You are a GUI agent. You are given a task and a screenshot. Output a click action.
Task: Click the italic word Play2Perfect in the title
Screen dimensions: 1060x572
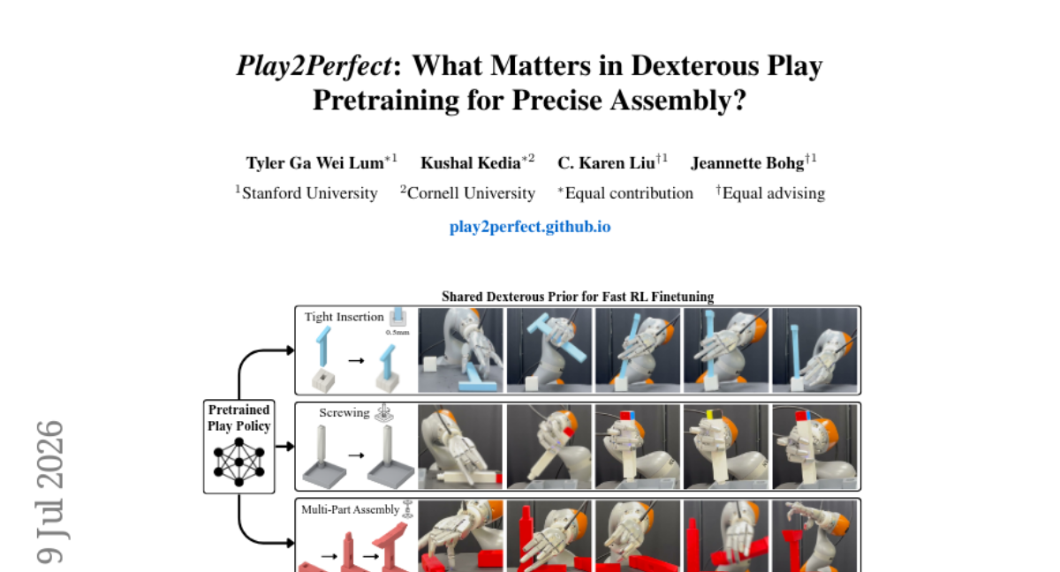(314, 66)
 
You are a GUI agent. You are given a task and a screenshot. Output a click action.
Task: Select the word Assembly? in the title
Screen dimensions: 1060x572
(678, 101)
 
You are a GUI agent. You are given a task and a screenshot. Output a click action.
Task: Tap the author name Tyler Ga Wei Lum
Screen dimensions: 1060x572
(315, 163)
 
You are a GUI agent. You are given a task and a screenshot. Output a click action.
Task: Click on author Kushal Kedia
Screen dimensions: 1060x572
(471, 163)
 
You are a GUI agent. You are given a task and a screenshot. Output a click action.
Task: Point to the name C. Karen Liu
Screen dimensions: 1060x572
(606, 163)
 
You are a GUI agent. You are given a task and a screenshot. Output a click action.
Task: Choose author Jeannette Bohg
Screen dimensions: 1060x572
(747, 163)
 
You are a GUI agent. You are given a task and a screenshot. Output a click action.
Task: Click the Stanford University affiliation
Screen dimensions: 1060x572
(309, 193)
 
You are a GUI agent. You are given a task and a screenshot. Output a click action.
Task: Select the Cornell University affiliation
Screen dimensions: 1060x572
(471, 193)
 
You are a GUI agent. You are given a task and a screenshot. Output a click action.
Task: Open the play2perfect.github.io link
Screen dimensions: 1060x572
(530, 227)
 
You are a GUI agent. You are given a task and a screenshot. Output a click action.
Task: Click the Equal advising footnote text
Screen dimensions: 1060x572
(774, 193)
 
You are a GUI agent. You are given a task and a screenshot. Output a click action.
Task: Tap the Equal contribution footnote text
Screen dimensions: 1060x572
(629, 193)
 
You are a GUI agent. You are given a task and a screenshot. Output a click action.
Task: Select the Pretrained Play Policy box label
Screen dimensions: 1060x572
(239, 418)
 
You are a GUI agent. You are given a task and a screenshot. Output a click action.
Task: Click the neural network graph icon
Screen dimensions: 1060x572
(239, 462)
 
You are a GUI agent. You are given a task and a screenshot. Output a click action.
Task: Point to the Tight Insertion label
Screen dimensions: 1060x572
(344, 317)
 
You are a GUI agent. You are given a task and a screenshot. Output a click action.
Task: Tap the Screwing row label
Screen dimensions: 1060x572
(344, 413)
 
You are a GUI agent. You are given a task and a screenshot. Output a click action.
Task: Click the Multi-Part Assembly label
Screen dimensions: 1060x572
(350, 509)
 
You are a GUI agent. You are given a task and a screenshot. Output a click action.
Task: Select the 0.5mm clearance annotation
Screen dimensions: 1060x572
(397, 332)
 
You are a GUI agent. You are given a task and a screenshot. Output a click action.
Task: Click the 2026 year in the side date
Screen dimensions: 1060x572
(49, 455)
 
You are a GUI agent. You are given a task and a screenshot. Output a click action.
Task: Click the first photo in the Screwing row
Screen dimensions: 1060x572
(460, 447)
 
